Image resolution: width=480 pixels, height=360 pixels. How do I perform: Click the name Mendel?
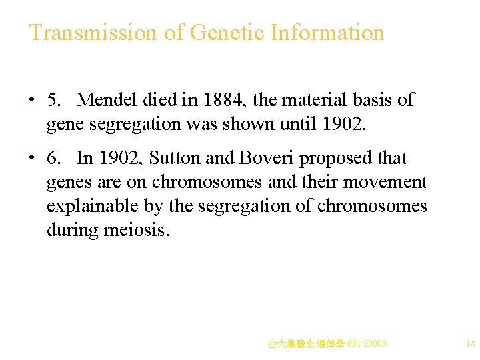tap(107, 100)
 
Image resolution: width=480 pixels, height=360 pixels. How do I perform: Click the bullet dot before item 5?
tap(32, 101)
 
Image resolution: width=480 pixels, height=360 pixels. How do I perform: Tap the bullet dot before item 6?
tap(32, 159)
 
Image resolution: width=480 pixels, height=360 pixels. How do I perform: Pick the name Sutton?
tap(170, 158)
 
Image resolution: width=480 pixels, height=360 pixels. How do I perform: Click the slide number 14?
tap(470, 344)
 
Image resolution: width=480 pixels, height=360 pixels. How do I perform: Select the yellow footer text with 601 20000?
tap(327, 344)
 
